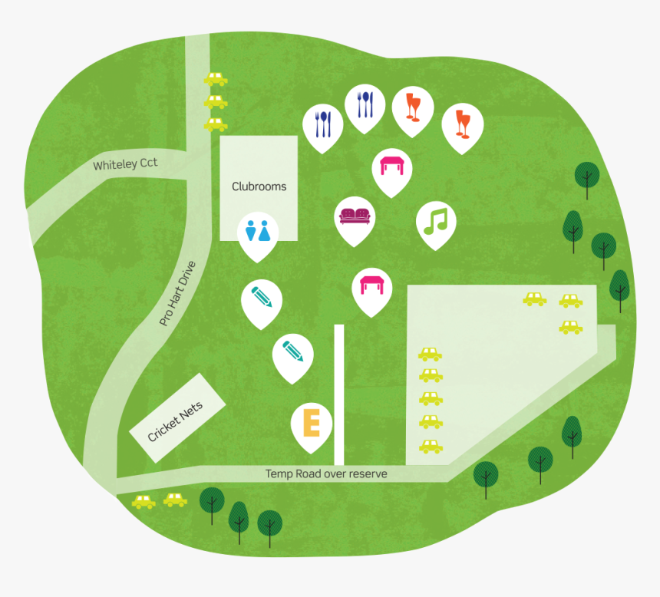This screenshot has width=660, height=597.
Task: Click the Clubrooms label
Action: (259, 186)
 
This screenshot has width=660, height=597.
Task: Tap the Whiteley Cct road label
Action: (125, 165)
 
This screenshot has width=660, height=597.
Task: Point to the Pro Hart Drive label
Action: (177, 294)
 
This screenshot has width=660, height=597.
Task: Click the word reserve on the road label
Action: (368, 474)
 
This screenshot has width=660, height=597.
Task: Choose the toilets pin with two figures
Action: (258, 232)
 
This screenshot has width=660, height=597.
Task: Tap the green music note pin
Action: (436, 222)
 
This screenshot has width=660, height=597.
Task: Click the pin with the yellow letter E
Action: (312, 423)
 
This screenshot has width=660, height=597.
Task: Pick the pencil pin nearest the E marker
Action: (293, 352)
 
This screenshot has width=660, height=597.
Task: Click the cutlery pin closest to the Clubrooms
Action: (323, 123)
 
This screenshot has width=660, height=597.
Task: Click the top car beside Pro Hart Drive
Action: (216, 78)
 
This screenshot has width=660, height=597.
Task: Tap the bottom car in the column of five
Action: (431, 445)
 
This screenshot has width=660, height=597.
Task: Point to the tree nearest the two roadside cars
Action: (212, 503)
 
